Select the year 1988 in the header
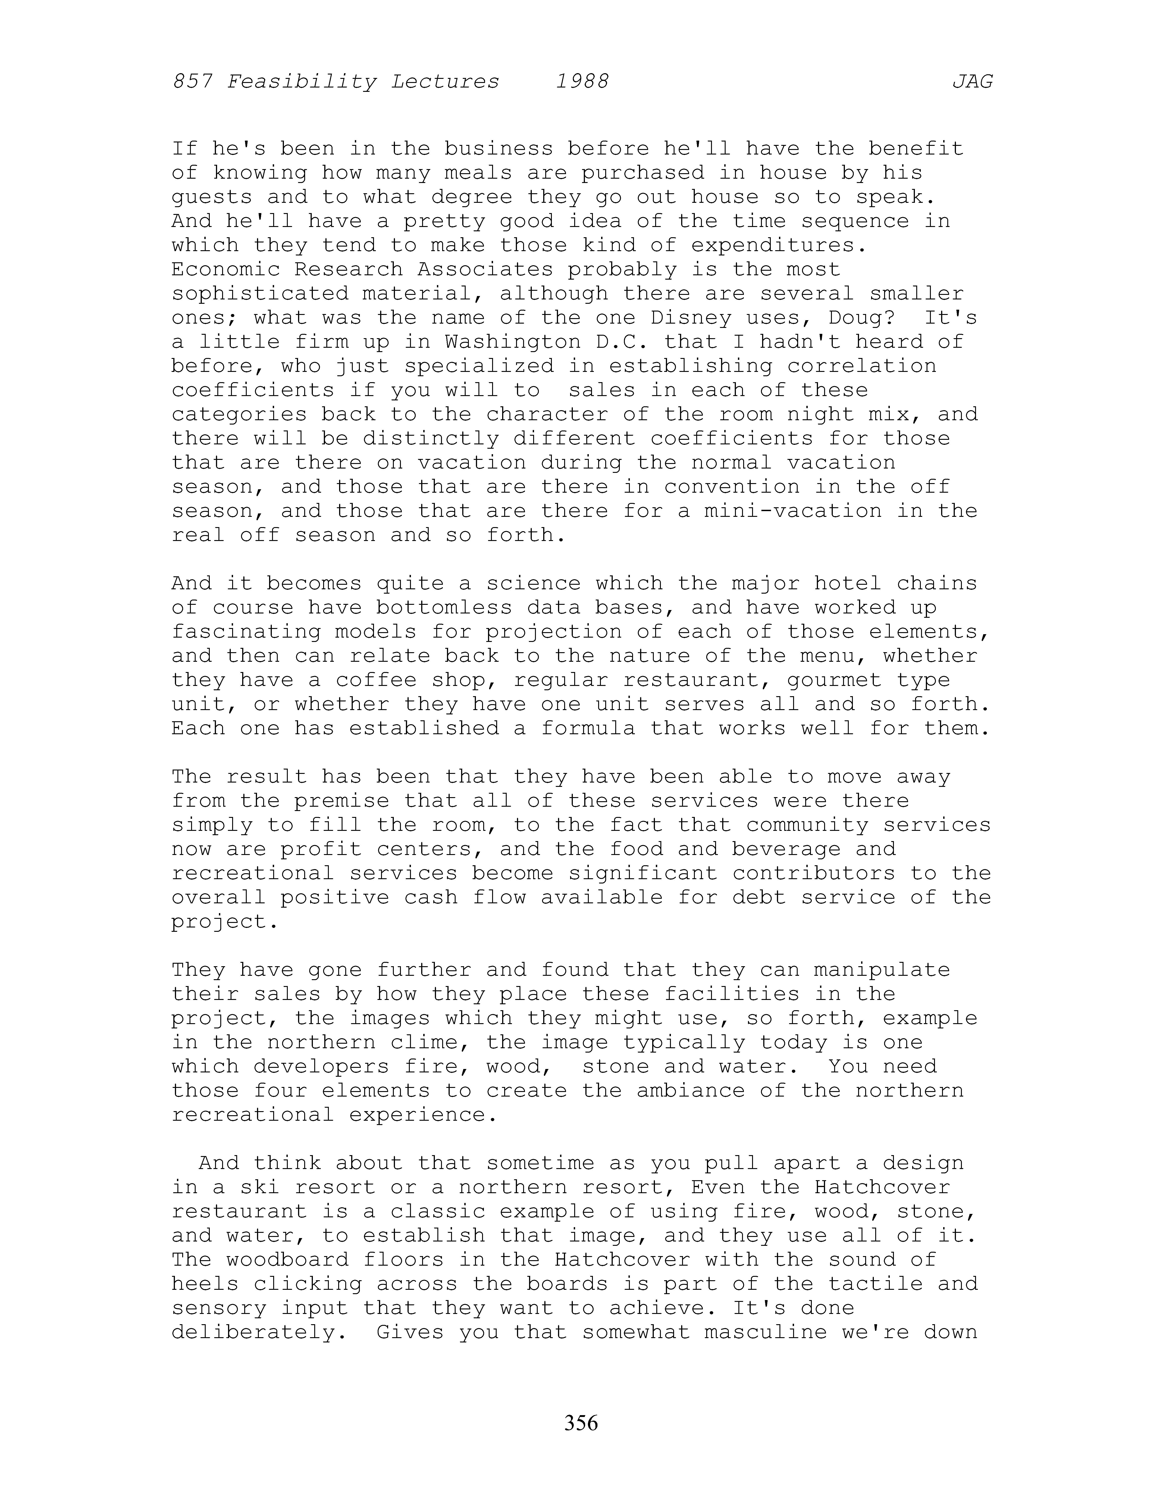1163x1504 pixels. point(582,82)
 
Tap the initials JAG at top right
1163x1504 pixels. point(972,82)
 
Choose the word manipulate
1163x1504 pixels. point(882,970)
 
